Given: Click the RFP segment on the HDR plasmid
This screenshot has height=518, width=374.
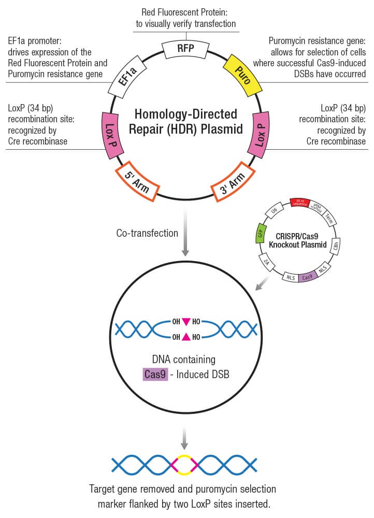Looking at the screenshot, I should [186, 49].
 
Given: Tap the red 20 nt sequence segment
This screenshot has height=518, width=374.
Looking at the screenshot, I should [300, 202].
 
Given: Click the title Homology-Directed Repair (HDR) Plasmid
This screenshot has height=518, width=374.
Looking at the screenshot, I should [187, 121].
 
